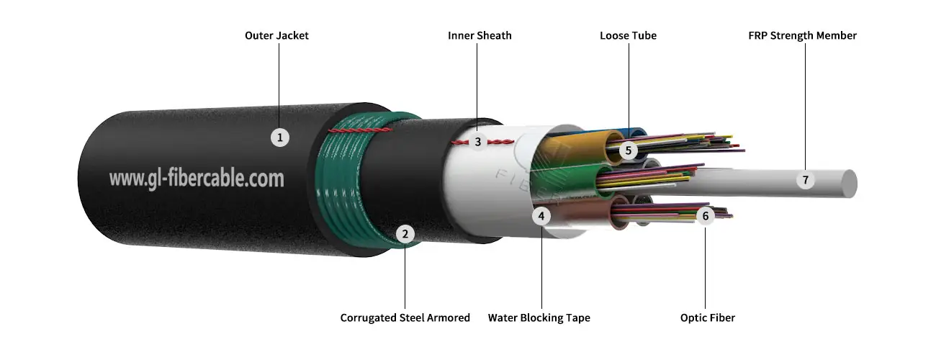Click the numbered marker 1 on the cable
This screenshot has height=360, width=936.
(x=280, y=137)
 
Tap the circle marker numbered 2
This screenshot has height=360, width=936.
(x=405, y=233)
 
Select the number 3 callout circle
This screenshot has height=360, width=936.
(x=477, y=142)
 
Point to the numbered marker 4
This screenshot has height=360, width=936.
(x=541, y=215)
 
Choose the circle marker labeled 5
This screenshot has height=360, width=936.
(x=628, y=150)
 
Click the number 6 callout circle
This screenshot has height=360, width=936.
(x=705, y=215)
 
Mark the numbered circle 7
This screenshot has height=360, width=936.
(x=806, y=180)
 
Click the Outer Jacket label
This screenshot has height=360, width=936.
(x=276, y=35)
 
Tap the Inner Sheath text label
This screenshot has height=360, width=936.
(x=480, y=35)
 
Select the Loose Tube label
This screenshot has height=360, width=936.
(x=628, y=35)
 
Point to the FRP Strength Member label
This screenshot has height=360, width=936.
(x=802, y=35)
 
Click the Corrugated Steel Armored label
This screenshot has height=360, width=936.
(x=405, y=318)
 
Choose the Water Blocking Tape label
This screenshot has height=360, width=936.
(x=539, y=318)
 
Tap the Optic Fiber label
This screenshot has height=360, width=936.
(x=707, y=318)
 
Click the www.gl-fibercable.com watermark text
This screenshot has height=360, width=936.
(x=197, y=178)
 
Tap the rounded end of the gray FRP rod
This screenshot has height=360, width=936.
(x=850, y=184)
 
